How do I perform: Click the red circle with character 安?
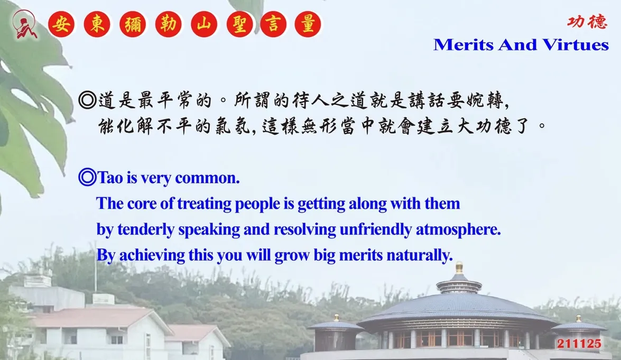61,24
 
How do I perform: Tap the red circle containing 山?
204,24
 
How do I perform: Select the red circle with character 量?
308,24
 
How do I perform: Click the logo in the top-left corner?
24,24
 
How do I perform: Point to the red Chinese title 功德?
587,21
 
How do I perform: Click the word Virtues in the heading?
576,45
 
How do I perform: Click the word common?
207,178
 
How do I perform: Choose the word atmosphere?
458,229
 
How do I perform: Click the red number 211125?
579,344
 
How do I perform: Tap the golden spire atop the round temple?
459,268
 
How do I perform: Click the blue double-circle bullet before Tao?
87,177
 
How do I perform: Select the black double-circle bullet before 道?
87,100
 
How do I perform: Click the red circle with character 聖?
239,24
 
